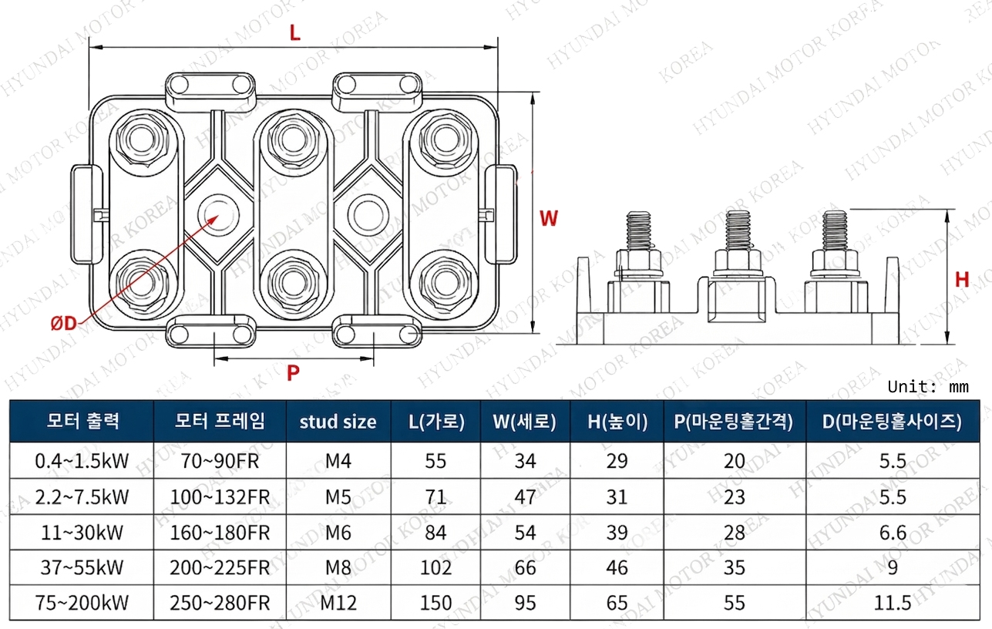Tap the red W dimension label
click(x=548, y=218)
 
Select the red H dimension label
click(x=961, y=279)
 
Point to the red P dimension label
click(x=293, y=374)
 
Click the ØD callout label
click(x=64, y=324)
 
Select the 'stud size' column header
click(x=338, y=422)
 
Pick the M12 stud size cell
click(x=338, y=602)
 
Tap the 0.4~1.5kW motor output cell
click(x=82, y=461)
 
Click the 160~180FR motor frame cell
click(x=220, y=532)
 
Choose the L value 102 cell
click(x=436, y=567)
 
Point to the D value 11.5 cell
click(x=894, y=602)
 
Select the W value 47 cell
click(x=525, y=496)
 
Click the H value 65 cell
click(x=617, y=602)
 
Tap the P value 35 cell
click(x=735, y=567)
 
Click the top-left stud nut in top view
click(x=143, y=140)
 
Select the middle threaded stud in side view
click(x=738, y=232)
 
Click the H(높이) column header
click(x=617, y=422)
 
